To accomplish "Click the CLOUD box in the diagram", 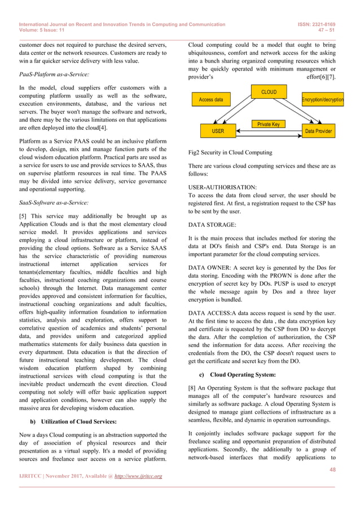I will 269,91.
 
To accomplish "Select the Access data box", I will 211,100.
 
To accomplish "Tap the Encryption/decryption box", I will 323,100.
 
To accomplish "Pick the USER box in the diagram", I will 217,131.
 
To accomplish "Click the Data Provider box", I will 319,131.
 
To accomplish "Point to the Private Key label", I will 268,124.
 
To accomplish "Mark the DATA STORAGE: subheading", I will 212,224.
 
